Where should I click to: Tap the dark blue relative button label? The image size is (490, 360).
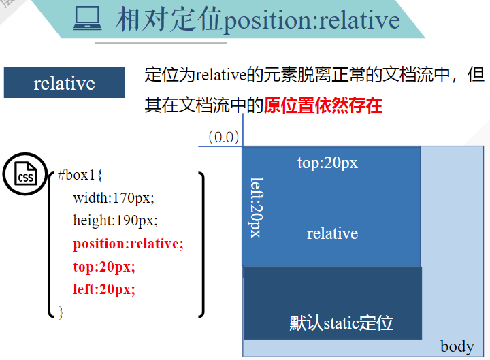point(65,83)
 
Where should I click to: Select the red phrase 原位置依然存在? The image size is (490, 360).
point(323,105)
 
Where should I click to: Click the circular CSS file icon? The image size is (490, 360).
point(25,175)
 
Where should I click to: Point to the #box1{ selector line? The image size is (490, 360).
point(80,175)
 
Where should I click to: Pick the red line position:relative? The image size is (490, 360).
point(129,244)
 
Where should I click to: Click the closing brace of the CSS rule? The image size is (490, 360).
point(60,312)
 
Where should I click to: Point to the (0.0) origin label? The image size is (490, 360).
point(224,137)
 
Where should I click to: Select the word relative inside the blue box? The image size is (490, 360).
point(332,233)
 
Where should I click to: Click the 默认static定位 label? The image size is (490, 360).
point(341,323)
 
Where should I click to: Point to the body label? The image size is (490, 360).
point(457,346)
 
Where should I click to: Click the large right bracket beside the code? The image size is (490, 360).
point(201,245)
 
